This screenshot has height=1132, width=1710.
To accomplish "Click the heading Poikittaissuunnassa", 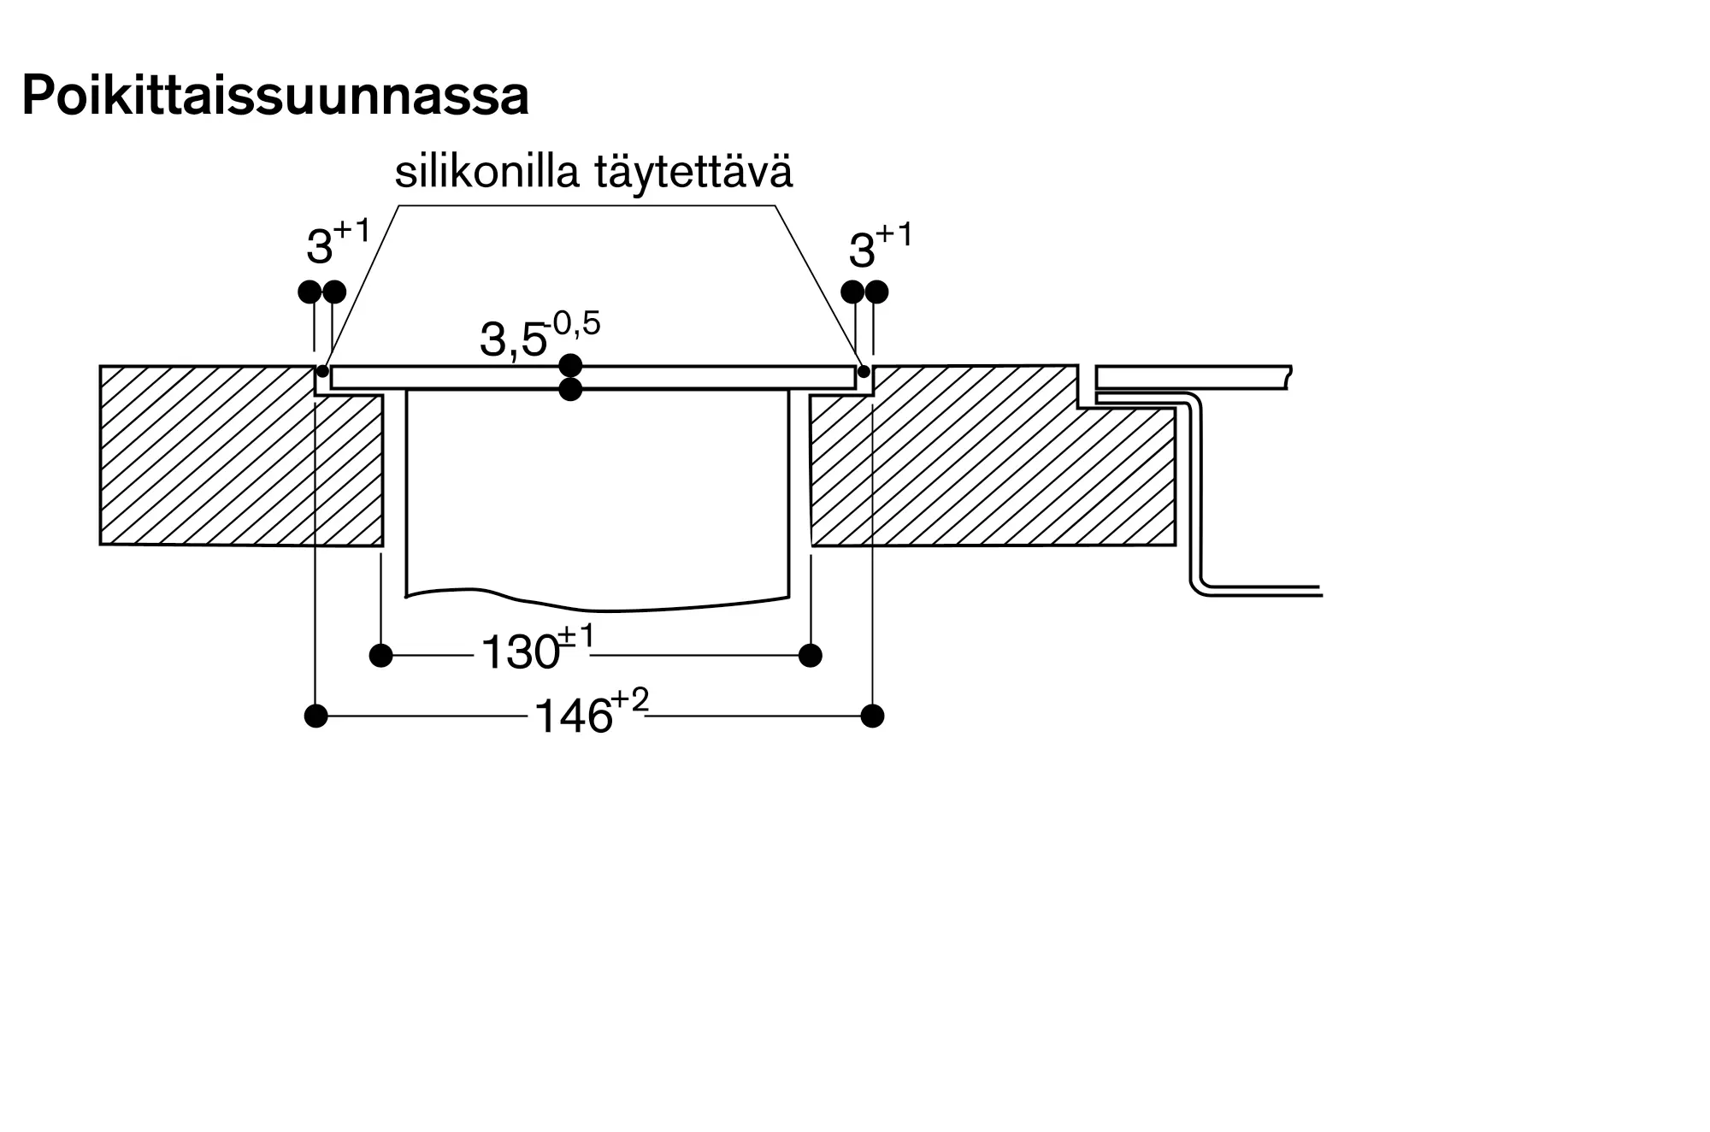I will tap(274, 97).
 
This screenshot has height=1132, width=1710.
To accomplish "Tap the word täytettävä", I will tap(694, 174).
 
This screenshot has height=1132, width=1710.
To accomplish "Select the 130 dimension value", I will tap(520, 653).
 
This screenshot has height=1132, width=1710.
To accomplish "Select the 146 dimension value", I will tap(573, 716).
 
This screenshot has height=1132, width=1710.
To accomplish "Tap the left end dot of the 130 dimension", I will tap(380, 656).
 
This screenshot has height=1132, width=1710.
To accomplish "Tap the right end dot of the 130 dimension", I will tap(811, 656).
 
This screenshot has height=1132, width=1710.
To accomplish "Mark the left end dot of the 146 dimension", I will tap(315, 716).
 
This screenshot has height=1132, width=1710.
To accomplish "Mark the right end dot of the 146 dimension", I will tap(872, 716).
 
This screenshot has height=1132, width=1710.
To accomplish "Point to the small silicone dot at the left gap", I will tap(322, 371).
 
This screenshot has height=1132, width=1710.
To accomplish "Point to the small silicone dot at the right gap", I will tap(864, 371).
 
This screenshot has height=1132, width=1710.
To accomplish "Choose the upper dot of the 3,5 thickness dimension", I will tap(570, 366).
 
